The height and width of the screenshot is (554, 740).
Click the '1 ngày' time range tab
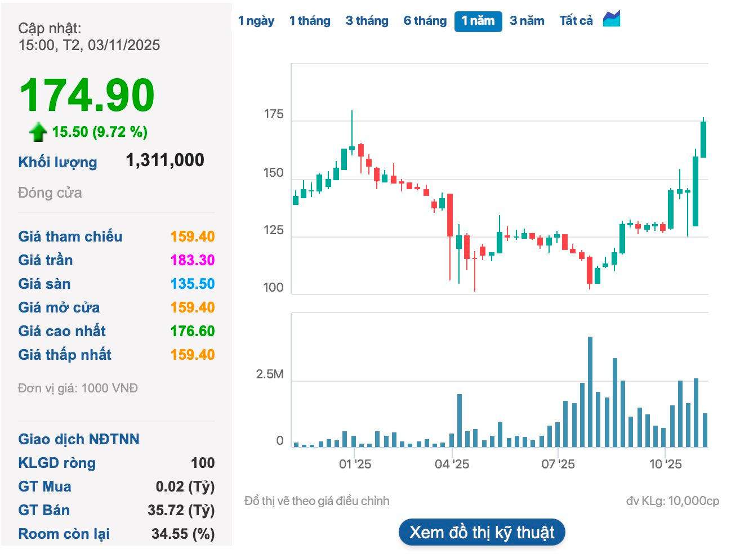click(256, 21)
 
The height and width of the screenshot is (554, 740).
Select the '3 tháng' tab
click(367, 21)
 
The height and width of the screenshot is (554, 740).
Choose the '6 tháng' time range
click(425, 21)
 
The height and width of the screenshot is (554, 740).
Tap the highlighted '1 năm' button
click(478, 21)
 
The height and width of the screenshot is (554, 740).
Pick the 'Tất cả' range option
click(576, 21)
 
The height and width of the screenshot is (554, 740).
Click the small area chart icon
click(612, 19)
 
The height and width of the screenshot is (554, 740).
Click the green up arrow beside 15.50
click(38, 132)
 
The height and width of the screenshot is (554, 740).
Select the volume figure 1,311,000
click(165, 160)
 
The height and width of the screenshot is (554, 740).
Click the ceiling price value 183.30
click(193, 260)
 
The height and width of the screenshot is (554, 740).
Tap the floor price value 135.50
click(193, 284)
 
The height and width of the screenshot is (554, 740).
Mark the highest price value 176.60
click(193, 331)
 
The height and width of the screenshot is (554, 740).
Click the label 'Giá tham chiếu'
click(70, 236)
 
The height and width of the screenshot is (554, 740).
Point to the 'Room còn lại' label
click(64, 534)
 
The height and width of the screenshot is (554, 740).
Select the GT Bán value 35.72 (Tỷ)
click(181, 510)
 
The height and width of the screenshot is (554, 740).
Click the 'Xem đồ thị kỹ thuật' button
click(482, 533)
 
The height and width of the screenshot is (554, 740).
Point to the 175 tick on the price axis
click(274, 115)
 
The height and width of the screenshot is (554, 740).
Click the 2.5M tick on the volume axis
click(270, 375)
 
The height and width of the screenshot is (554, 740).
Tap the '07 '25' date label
click(558, 464)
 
